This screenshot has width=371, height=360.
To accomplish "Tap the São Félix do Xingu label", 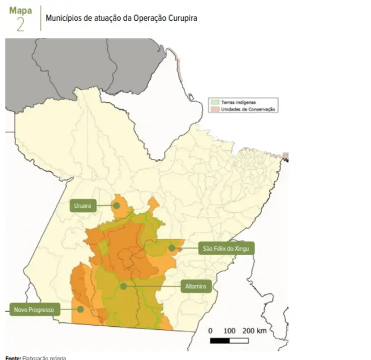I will (226, 249).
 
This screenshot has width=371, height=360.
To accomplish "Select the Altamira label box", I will (195, 286).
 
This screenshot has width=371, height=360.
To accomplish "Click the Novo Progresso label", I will (34, 309).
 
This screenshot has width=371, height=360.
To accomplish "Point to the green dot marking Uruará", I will (116, 206).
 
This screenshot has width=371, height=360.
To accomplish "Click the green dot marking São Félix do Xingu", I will (172, 248).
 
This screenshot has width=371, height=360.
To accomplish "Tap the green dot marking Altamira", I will (124, 286).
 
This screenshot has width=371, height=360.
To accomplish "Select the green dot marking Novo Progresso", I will (80, 309).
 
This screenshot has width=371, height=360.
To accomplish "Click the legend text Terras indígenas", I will (239, 103).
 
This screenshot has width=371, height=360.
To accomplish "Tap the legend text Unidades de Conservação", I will (248, 109).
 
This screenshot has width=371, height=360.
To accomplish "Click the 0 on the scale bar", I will (211, 331).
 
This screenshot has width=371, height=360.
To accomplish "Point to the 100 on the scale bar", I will (230, 331).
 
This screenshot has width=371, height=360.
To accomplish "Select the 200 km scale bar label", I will (254, 331).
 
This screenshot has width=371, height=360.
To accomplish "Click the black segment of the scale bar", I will (220, 341).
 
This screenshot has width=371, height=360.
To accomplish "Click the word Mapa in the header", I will (20, 10).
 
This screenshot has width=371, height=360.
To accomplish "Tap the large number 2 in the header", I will (20, 25).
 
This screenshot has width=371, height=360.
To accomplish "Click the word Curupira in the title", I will (182, 19).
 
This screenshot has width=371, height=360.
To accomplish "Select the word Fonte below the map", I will (13, 358).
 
